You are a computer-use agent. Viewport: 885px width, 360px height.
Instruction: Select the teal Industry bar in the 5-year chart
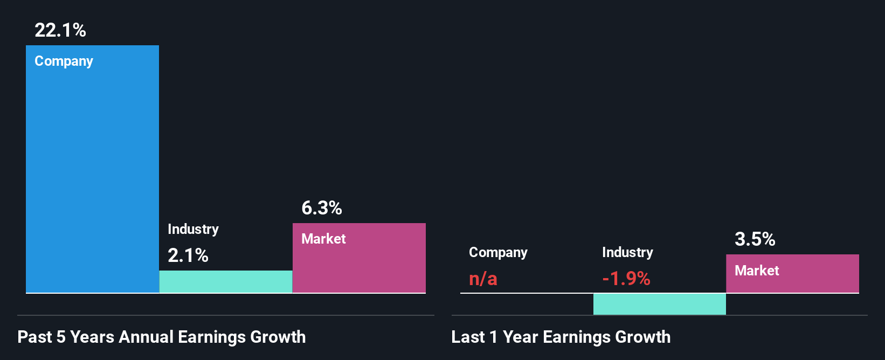(x=226, y=282)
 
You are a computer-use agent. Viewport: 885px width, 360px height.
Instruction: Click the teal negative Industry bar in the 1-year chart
(x=659, y=304)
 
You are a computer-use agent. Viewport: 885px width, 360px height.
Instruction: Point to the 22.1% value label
(x=60, y=30)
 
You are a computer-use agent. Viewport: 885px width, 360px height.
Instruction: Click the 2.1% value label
(x=188, y=255)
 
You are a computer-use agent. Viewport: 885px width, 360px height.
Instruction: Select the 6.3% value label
(x=321, y=208)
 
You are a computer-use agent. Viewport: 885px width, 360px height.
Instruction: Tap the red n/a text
(x=483, y=279)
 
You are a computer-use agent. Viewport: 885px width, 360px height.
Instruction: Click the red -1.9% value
(x=626, y=279)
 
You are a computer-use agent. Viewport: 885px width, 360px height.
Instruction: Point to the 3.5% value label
(x=755, y=239)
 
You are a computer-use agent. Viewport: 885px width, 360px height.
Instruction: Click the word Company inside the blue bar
(x=64, y=61)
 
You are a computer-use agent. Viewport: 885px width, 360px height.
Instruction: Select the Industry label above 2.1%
(x=193, y=229)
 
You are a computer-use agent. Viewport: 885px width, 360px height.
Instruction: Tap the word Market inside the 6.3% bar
(x=323, y=239)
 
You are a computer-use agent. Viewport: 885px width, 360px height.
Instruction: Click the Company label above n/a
(x=498, y=252)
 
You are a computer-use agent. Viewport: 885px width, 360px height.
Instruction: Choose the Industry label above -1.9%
(x=627, y=252)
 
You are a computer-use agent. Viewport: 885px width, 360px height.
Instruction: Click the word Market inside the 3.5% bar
(x=757, y=271)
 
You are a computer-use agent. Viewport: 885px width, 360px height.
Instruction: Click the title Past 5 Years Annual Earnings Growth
(x=162, y=337)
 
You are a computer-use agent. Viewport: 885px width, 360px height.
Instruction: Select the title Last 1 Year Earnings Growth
(x=561, y=337)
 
